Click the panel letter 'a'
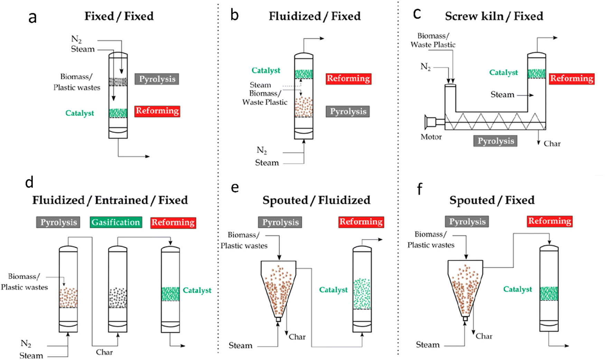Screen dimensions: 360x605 (32, 17)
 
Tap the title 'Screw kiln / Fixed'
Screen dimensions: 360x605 (494, 16)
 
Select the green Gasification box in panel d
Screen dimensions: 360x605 (115, 222)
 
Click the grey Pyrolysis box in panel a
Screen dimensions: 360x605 (157, 79)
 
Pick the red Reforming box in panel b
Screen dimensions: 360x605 (348, 79)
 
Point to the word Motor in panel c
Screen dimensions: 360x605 (431, 137)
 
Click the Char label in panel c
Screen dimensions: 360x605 (552, 144)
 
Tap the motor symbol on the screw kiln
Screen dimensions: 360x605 (431, 122)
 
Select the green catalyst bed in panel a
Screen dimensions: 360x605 (118, 113)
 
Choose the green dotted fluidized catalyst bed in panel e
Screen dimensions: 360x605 (362, 294)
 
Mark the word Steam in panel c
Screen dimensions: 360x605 (502, 95)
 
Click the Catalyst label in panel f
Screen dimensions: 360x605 (518, 289)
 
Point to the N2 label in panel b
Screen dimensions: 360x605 (262, 150)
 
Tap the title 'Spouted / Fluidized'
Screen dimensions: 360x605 (316, 200)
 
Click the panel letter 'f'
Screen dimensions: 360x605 (419, 189)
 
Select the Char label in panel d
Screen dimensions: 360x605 (104, 352)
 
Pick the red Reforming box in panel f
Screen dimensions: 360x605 (550, 221)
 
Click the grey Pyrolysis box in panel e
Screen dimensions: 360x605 (280, 222)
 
